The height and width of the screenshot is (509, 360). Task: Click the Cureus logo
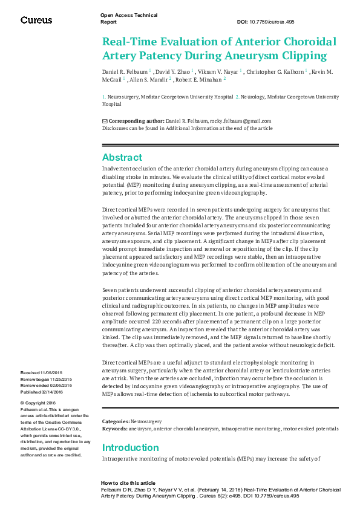(36, 20)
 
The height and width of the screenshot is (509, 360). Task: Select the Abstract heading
(122, 158)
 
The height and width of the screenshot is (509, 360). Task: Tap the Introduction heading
(131, 448)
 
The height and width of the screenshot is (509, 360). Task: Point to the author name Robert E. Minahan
(200, 79)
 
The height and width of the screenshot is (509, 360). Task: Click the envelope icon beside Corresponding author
(105, 121)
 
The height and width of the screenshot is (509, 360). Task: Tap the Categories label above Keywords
(116, 421)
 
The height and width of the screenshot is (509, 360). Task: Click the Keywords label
(115, 427)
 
